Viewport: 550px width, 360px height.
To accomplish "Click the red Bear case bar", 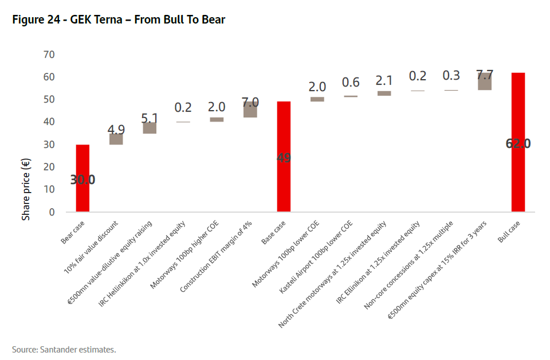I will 82,178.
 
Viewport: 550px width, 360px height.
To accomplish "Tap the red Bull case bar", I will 518,142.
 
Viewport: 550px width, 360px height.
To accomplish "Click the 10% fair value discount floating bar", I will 116,139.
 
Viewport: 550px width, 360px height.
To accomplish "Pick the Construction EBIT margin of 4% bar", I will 250,109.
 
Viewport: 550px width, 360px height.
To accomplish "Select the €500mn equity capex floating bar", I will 485,81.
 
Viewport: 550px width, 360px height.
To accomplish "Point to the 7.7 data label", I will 485,75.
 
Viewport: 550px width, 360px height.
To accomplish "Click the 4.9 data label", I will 116,130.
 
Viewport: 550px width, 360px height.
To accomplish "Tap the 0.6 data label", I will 351,83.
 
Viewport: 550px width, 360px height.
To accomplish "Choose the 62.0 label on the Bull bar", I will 518,143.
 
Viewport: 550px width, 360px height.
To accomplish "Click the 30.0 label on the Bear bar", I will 82,179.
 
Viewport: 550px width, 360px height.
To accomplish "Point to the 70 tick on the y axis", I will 49,54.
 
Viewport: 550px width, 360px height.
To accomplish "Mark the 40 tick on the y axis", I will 49,122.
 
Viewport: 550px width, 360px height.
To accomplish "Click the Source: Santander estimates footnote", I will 64,349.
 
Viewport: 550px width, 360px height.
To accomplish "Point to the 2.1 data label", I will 384,80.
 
